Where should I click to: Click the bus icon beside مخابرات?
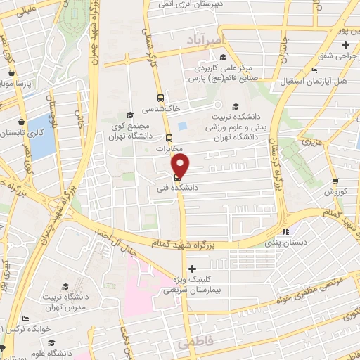coord(169,138)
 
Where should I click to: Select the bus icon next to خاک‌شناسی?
coord(161,98)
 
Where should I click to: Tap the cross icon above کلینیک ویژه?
coord(192,269)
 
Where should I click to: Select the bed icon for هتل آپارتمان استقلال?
coord(313,70)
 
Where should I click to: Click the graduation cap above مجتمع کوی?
coord(129,115)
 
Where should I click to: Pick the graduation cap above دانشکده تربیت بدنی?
coord(235,107)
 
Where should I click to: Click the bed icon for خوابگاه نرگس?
coord(25,319)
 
